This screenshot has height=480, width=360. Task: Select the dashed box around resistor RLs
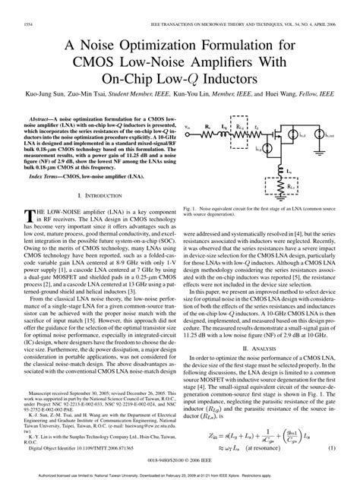(x=284, y=185)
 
